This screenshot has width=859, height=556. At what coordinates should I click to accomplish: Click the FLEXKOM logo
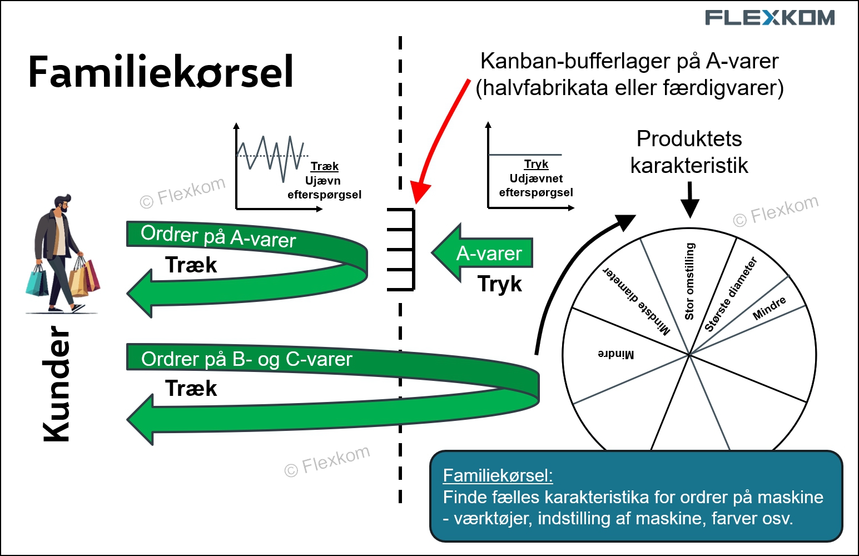(x=769, y=18)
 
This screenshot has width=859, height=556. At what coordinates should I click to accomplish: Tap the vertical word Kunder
(x=56, y=384)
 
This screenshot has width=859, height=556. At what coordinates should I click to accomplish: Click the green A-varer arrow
(x=482, y=253)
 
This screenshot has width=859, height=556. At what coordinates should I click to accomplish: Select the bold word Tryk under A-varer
(x=499, y=284)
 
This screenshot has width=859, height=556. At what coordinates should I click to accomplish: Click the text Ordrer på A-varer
(x=218, y=236)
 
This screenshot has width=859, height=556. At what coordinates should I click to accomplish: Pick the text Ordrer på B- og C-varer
(x=246, y=359)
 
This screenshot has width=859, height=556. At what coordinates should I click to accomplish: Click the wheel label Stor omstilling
(x=690, y=281)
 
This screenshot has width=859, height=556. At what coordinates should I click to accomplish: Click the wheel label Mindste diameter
(x=637, y=301)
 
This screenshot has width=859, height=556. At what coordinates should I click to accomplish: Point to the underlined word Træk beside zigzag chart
(x=325, y=166)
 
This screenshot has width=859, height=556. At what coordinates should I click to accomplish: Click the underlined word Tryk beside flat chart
(x=536, y=164)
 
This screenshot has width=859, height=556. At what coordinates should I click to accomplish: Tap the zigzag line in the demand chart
(x=270, y=158)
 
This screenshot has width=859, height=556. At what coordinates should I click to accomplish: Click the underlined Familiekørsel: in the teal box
(x=498, y=475)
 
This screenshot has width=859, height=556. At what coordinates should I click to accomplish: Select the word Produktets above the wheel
(x=689, y=139)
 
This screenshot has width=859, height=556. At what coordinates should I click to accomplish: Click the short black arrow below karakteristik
(x=690, y=200)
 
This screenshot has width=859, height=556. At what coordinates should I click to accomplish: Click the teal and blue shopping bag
(x=37, y=281)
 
